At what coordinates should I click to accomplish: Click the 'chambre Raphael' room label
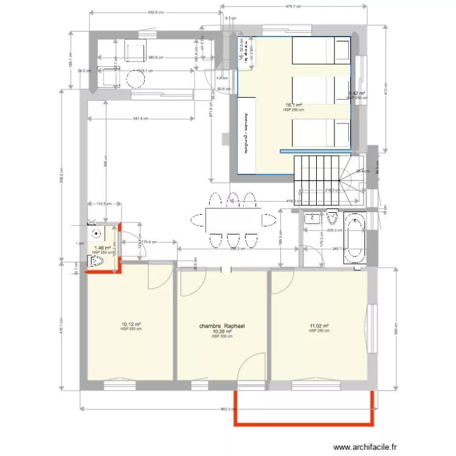[221, 325]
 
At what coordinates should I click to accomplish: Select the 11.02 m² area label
[319, 326]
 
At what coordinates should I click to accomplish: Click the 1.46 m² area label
[102, 248]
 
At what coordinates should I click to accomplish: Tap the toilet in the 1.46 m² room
[97, 262]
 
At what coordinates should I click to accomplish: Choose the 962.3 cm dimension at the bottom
[226, 409]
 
